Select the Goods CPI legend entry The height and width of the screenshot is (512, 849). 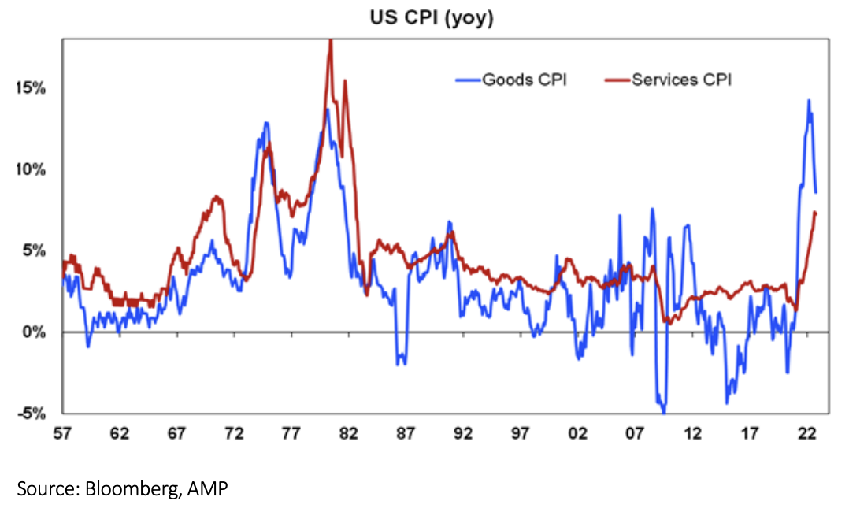(x=524, y=80)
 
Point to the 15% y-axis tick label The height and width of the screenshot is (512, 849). (x=31, y=88)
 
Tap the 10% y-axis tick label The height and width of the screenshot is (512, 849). (x=31, y=169)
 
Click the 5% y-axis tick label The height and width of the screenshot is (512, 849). (x=35, y=250)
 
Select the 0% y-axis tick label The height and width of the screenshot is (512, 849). (x=35, y=332)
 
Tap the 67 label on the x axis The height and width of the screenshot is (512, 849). (x=176, y=434)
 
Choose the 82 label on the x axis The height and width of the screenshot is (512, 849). (x=348, y=434)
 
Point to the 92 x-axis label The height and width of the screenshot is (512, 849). (x=463, y=434)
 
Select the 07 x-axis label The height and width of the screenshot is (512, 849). (x=635, y=434)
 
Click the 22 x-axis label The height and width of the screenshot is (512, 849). (x=806, y=434)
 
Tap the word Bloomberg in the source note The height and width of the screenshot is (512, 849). (x=131, y=488)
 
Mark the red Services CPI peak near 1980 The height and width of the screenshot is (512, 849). (x=330, y=40)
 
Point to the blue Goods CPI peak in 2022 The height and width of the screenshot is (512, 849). (x=807, y=100)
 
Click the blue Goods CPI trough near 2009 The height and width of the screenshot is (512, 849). (x=664, y=411)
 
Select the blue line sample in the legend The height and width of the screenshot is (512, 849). (x=468, y=80)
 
